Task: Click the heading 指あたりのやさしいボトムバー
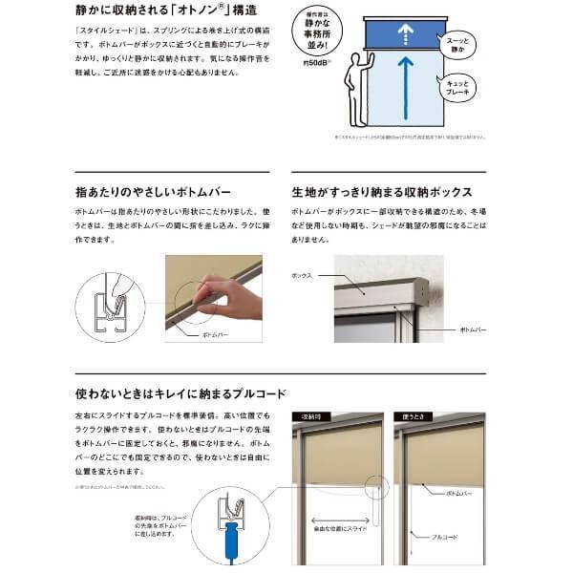click(x=153, y=190)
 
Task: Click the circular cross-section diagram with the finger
click(x=110, y=307)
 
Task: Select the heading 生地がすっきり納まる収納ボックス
click(x=381, y=190)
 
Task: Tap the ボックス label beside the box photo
click(x=303, y=275)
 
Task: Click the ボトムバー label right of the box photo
click(x=473, y=329)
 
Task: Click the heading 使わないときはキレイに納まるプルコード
click(x=180, y=393)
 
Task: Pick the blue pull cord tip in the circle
click(x=230, y=550)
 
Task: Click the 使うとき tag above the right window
click(x=413, y=417)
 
